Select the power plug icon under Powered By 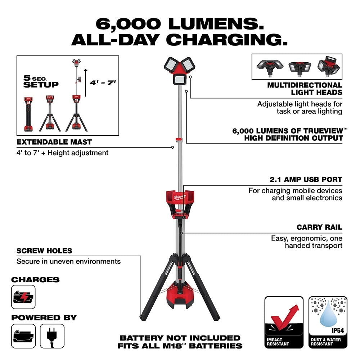(x=52, y=336)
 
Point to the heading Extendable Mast (x=54, y=142)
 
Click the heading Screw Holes (x=44, y=251)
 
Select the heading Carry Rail (x=319, y=227)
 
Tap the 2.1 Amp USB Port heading (x=305, y=179)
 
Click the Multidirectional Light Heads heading (x=305, y=89)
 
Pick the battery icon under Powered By (x=23, y=336)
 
